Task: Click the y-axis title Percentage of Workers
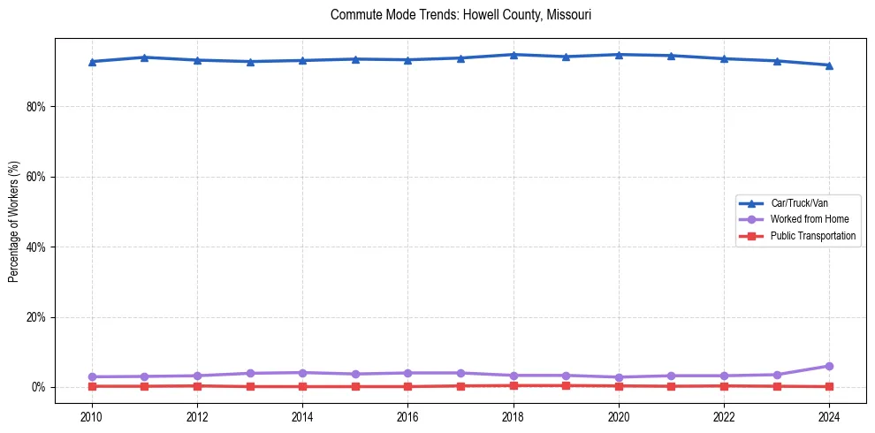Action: coord(14,222)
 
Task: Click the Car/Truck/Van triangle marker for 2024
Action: coord(829,65)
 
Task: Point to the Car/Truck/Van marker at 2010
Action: coord(91,62)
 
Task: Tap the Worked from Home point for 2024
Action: coord(829,366)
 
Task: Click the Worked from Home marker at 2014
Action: coord(302,373)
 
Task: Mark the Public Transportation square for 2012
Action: coord(197,386)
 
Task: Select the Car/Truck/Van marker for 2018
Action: coord(514,55)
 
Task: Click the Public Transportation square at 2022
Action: coord(724,386)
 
